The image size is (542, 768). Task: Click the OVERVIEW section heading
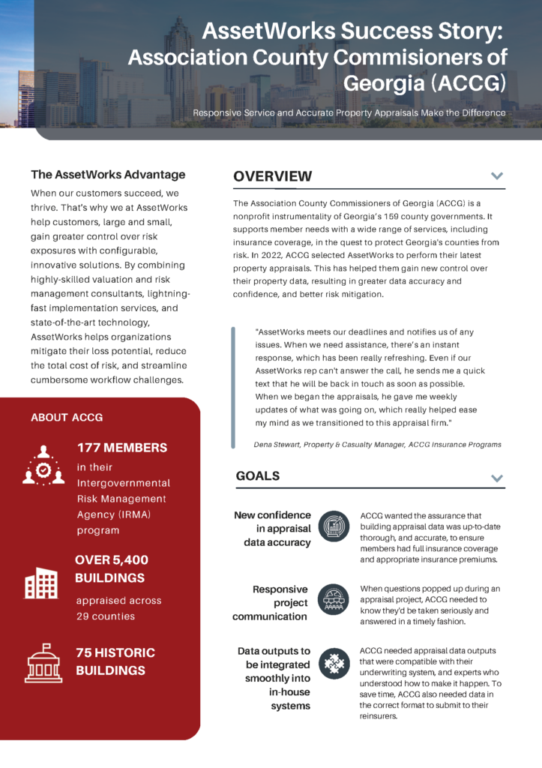coord(272,176)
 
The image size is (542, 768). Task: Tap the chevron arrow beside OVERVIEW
coord(496,176)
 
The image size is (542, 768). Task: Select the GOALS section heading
coord(258,476)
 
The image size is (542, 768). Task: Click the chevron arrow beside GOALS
coord(496,478)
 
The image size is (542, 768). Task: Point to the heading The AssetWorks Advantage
coord(108,175)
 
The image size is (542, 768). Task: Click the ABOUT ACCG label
coord(67,417)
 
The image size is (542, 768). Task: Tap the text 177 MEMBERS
coord(122,448)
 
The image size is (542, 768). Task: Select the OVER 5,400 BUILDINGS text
coord(112,569)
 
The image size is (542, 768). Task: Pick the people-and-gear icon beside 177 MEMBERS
coord(43,465)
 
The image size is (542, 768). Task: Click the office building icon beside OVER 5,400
coord(41,582)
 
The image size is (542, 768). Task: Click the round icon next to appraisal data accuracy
coord(334,526)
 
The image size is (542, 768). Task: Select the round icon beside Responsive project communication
coord(334,600)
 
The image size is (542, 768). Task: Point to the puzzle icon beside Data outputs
coord(334,664)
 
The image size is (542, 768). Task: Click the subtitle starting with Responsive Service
coord(349,112)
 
